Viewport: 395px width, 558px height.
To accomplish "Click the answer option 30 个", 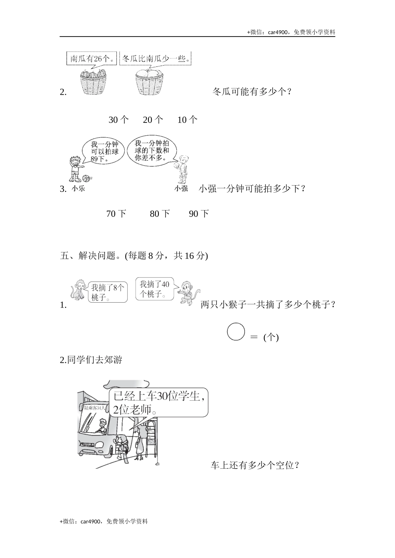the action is click(118, 120).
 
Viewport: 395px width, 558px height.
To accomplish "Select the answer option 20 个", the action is click(153, 120).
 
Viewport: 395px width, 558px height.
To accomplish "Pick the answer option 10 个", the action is click(187, 120).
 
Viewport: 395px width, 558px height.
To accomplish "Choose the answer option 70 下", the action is click(116, 214).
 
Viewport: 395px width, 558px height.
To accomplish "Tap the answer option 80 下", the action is click(160, 214).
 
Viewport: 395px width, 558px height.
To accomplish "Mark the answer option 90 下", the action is click(199, 214).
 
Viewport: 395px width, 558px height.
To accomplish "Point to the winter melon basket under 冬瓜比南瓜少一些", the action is click(148, 81).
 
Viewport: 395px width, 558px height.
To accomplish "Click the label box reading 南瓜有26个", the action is click(91, 59).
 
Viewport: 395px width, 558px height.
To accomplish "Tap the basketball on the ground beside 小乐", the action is click(86, 179).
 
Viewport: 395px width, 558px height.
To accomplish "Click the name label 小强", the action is click(181, 188).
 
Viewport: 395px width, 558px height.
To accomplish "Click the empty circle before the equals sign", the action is click(236, 331).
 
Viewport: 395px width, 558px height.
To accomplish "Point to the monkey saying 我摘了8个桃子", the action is click(78, 289).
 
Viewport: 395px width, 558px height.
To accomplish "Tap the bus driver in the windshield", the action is click(101, 426).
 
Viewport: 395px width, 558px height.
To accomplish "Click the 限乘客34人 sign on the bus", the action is click(93, 408).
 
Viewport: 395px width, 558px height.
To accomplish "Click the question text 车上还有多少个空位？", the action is click(255, 465).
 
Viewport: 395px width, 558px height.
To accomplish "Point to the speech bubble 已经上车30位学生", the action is click(158, 403).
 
